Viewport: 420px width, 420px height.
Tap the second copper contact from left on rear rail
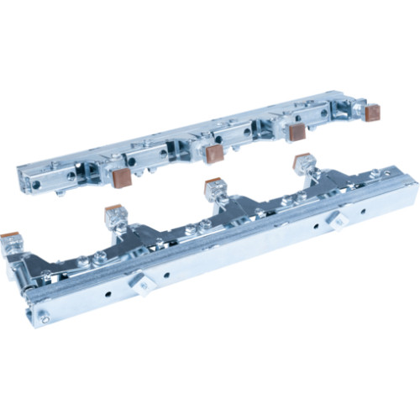pyautogui.click(x=214, y=153)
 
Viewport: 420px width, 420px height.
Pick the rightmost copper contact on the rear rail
pyautogui.click(x=372, y=113)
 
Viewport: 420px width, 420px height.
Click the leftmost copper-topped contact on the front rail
pyautogui.click(x=11, y=239)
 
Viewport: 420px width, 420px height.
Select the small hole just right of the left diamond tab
pyautogui.click(x=167, y=273)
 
